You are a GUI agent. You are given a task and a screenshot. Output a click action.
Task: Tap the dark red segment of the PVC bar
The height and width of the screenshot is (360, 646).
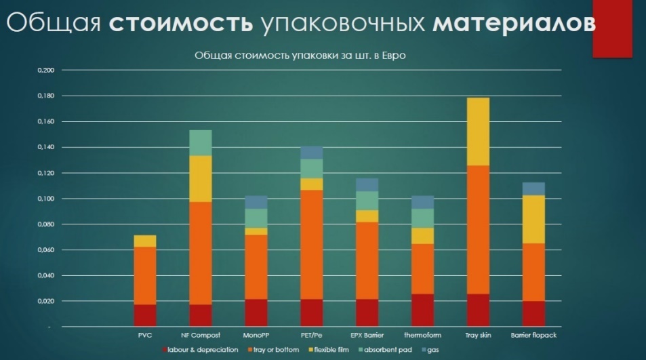[145, 315]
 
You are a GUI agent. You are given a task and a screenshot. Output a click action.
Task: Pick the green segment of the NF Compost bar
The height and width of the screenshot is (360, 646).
[201, 142]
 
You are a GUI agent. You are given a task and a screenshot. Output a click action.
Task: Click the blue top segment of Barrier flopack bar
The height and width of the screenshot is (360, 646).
[533, 188]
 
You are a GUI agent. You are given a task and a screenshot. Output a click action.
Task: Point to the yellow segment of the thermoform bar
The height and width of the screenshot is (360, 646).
[423, 235]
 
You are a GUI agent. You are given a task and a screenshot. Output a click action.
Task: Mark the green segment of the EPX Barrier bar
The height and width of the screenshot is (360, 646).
[367, 201]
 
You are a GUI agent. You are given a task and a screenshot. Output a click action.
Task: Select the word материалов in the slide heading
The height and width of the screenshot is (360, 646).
[514, 22]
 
